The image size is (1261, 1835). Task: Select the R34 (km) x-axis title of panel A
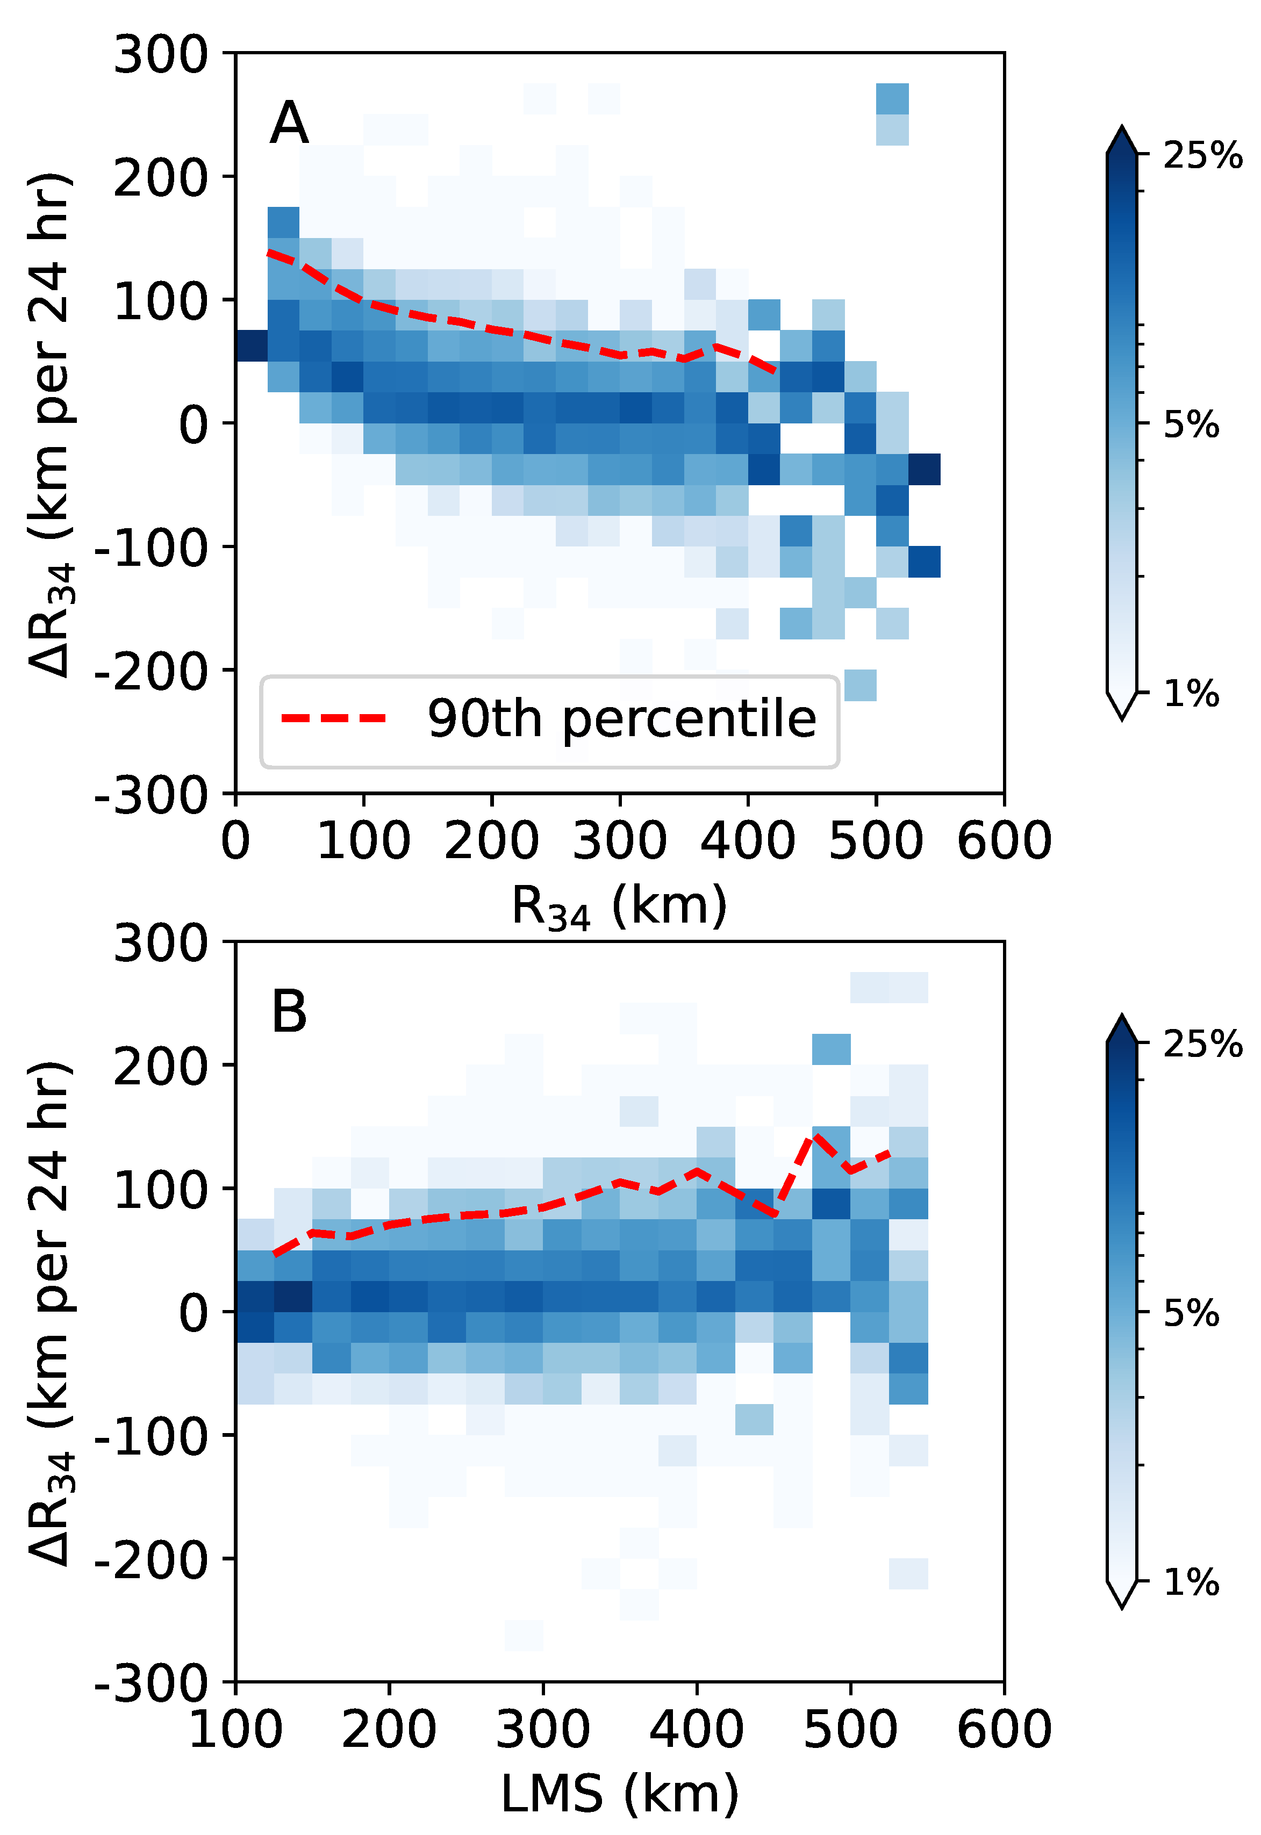click(619, 908)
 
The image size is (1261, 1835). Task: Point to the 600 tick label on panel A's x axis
click(1004, 840)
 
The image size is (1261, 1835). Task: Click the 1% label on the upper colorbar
click(1191, 694)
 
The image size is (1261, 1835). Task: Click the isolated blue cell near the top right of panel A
click(892, 99)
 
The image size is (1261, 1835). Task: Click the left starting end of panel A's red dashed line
click(269, 253)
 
